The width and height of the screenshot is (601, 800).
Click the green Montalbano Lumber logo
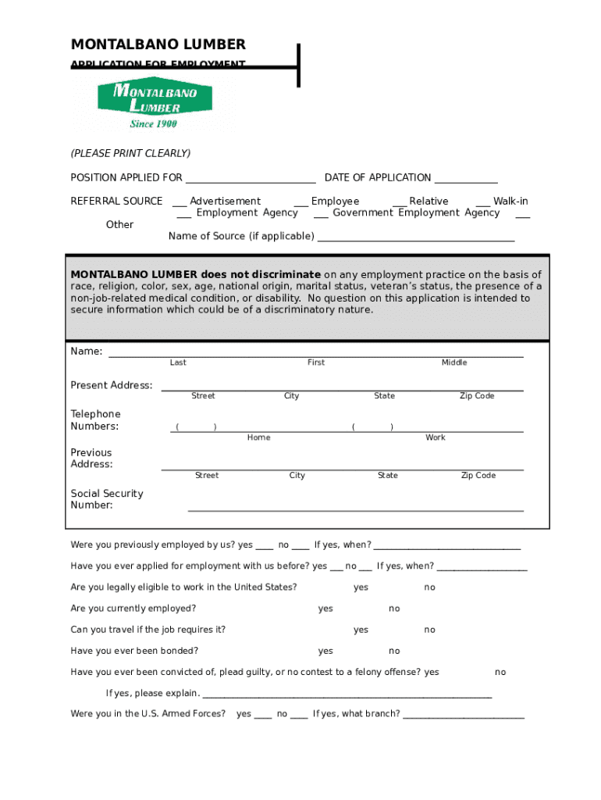tap(155, 103)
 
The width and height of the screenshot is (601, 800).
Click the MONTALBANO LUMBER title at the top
tap(158, 45)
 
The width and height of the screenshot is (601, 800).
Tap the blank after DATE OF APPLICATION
tap(466, 179)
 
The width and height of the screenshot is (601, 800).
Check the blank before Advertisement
tap(180, 202)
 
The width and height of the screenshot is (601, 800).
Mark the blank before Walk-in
tap(482, 202)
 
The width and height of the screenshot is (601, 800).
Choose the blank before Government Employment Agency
tap(320, 214)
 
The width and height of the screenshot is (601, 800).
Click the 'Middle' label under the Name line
tap(453, 362)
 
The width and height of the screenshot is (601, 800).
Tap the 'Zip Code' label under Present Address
tap(476, 396)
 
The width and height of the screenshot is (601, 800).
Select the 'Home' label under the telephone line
tap(258, 437)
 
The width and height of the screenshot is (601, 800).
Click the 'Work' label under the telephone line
tap(435, 437)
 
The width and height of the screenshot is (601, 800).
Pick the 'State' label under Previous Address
tap(387, 476)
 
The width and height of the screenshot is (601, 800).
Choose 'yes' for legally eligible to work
tap(361, 587)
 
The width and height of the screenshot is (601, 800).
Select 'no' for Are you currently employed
tap(394, 609)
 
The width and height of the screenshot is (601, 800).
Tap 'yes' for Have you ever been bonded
tap(325, 651)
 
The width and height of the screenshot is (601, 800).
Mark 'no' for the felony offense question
tap(500, 672)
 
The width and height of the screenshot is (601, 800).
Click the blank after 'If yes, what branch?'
tap(464, 714)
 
